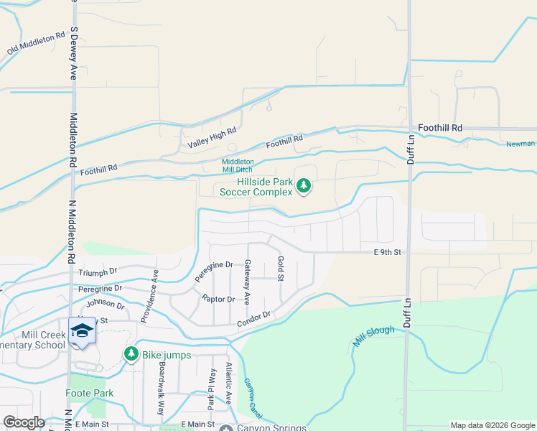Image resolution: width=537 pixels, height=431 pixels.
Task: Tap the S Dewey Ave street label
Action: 73,54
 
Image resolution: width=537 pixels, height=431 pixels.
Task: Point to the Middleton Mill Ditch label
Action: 238,166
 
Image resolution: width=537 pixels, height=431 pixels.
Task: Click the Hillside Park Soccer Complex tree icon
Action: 304,187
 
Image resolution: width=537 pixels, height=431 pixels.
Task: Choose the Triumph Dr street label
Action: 98,272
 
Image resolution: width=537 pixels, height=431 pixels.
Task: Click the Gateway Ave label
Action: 247,281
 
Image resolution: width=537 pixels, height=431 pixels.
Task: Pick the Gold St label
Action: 280,269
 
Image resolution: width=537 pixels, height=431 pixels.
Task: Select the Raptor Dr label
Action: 218,299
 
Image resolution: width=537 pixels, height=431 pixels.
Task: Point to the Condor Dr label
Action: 253,319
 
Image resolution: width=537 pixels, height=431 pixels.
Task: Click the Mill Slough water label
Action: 373,335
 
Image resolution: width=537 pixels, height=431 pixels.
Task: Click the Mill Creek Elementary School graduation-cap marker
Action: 82,330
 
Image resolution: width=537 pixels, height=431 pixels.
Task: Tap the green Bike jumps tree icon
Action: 131,353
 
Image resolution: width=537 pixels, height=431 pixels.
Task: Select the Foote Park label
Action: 90,393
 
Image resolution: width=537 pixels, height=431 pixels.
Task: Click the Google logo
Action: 24,422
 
